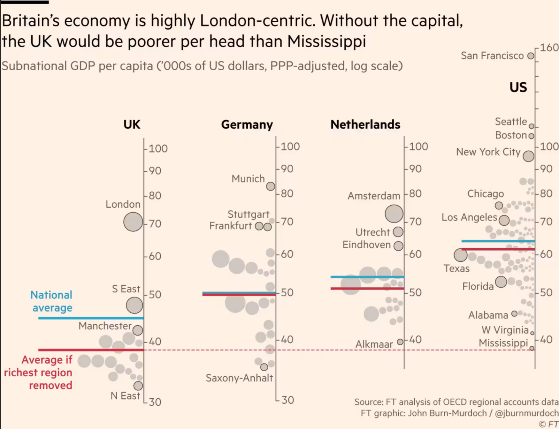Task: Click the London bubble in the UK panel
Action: tap(133, 222)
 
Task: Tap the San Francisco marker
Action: tap(531, 56)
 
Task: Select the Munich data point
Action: tap(270, 186)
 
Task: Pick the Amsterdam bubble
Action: tap(394, 214)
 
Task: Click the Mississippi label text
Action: tap(503, 343)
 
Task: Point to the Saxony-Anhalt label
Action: tap(239, 378)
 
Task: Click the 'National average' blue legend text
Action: tap(51, 301)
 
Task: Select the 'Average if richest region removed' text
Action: tap(38, 373)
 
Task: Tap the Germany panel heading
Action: tap(247, 124)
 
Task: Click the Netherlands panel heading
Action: tap(365, 124)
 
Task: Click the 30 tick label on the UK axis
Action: tap(155, 402)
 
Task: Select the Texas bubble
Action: tap(460, 255)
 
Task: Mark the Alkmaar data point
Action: tap(400, 342)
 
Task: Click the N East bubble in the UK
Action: tap(138, 386)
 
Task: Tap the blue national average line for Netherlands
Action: tap(367, 277)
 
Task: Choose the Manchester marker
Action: tap(138, 330)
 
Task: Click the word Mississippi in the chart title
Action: tap(326, 41)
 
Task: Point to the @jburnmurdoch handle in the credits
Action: tap(526, 413)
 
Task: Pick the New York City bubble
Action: tap(528, 156)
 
